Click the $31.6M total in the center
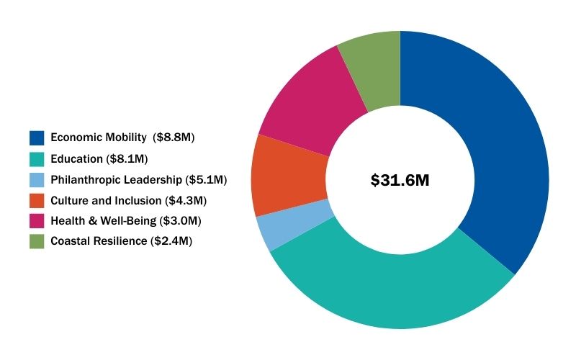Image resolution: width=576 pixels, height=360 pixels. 400,181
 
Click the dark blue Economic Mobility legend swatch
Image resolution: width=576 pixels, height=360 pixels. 37,138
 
